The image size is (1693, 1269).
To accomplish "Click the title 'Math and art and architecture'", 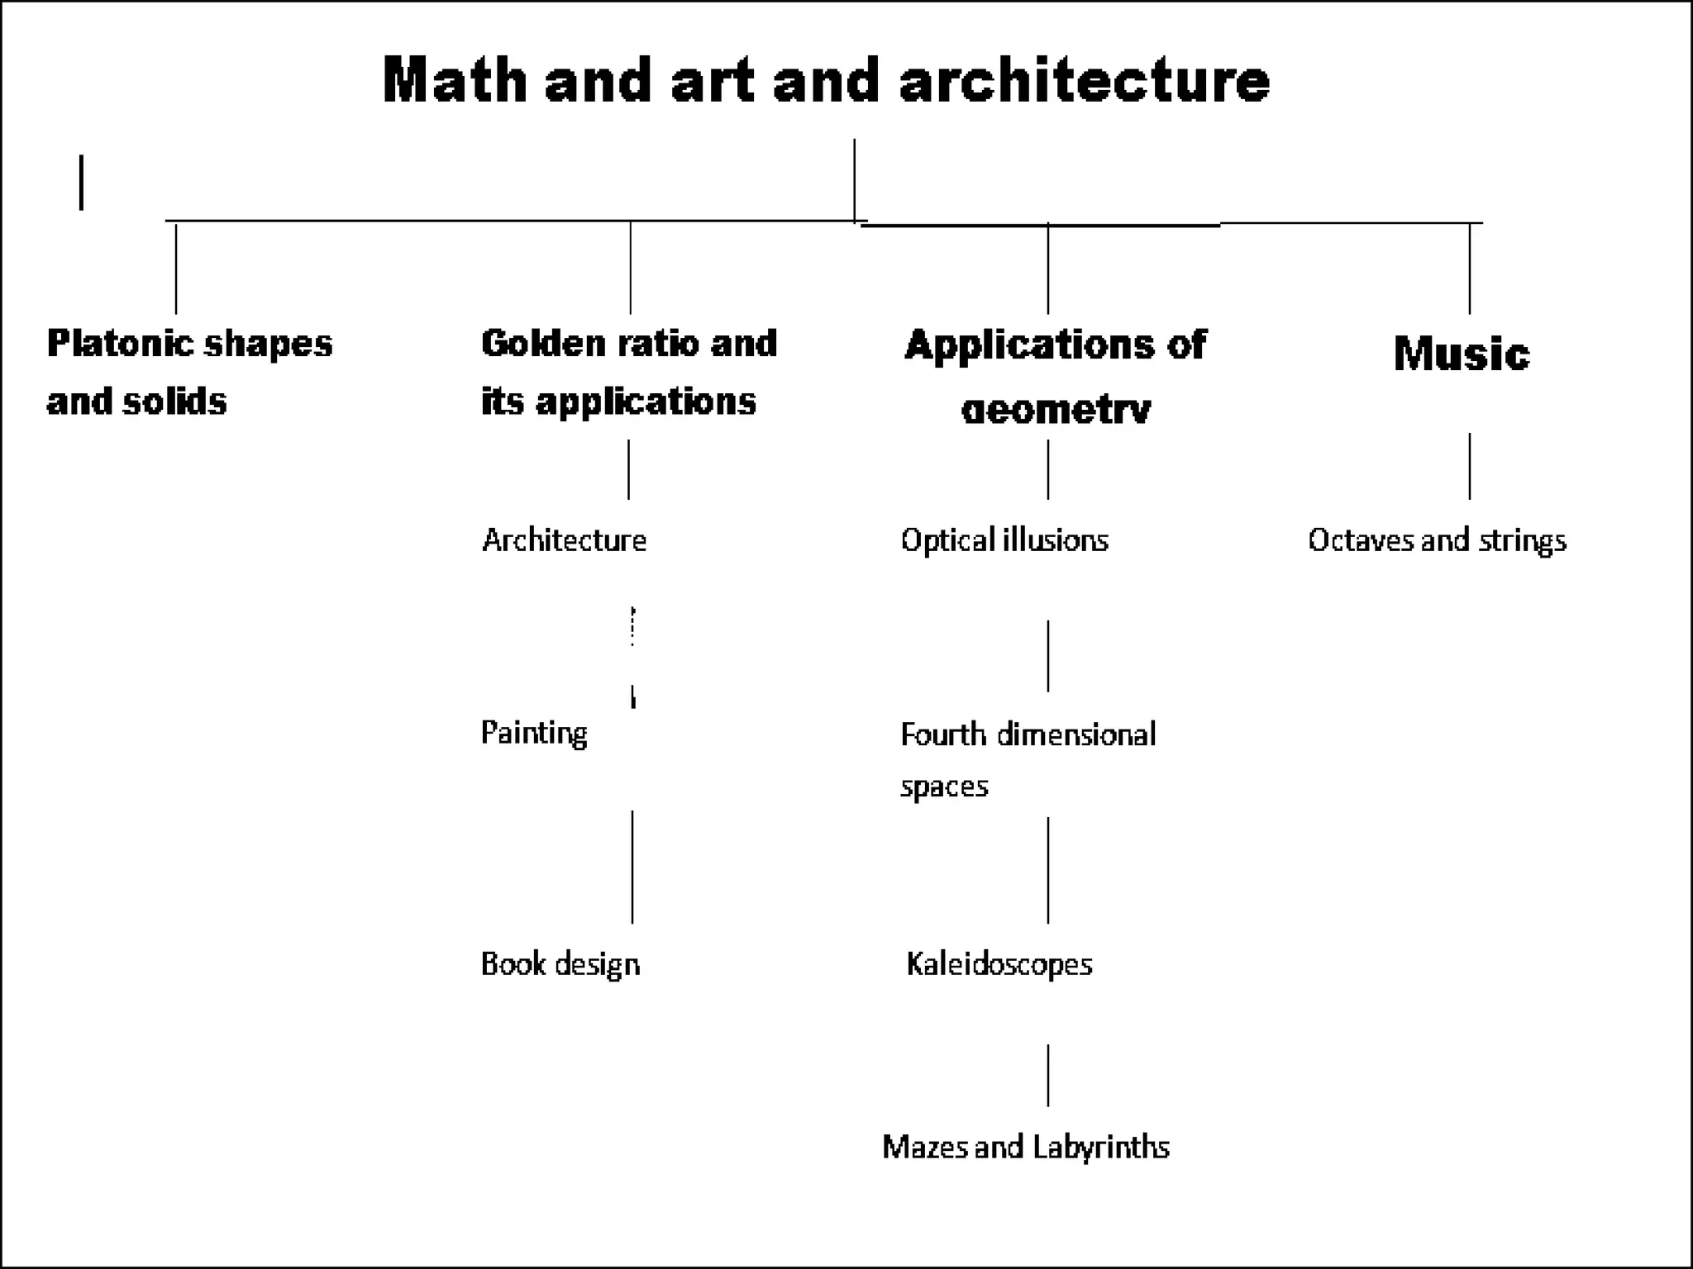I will (x=825, y=80).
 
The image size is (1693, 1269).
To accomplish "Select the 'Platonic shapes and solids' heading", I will (x=189, y=372).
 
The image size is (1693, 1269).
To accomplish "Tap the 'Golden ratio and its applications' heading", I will (x=628, y=372).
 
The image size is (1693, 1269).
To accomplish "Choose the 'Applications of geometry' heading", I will (x=1055, y=376).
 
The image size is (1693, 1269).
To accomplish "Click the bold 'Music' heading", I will (x=1461, y=354).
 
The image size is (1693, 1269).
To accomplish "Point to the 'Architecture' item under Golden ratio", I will (x=564, y=540).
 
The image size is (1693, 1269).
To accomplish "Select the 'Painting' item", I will (x=534, y=733).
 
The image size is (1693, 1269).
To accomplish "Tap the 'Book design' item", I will (x=560, y=964).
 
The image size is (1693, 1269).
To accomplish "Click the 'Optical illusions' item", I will (x=1004, y=540).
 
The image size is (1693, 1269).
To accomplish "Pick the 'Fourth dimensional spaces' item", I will (x=1028, y=758).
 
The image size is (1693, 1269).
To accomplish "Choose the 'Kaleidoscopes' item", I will (x=999, y=964).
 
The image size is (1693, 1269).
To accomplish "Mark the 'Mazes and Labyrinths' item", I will (x=1026, y=1147).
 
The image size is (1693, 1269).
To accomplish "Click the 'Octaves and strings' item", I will (x=1437, y=540).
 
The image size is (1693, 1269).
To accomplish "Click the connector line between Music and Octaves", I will (x=1470, y=466).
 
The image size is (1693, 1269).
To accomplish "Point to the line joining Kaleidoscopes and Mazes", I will (x=1048, y=1075).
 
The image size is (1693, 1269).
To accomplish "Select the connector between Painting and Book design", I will (x=632, y=866).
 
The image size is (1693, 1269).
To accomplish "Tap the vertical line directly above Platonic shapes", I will (x=176, y=269).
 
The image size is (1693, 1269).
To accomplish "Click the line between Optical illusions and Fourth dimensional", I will (x=1048, y=656).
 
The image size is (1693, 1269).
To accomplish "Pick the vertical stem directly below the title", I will (x=855, y=180).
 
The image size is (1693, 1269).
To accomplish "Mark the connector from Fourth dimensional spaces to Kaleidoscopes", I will (x=1048, y=870).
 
